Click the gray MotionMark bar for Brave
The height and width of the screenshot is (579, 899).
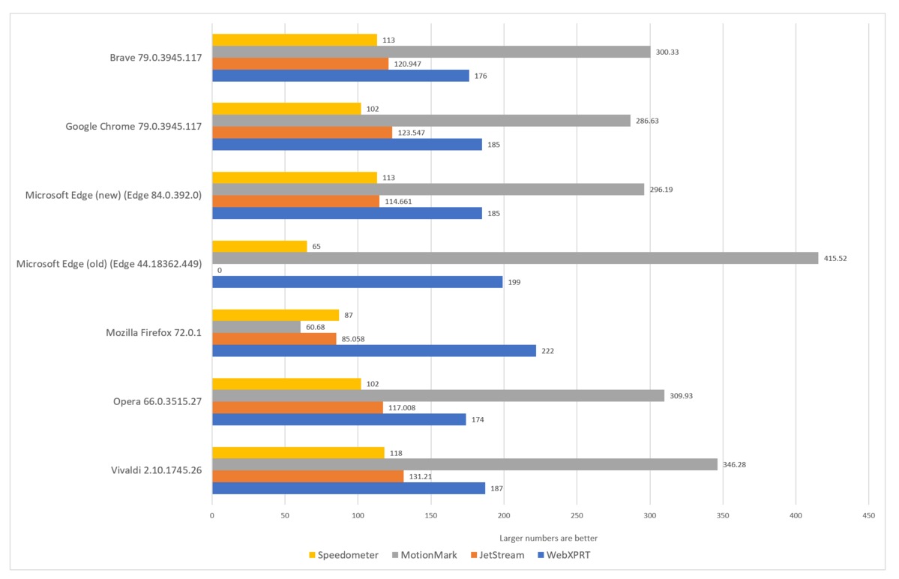[431, 52]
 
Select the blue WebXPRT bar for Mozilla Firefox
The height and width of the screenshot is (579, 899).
[374, 350]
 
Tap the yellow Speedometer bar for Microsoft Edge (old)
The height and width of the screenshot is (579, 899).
[259, 246]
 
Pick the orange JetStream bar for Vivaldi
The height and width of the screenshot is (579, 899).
[307, 476]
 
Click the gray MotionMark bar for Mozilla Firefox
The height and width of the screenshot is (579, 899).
[256, 327]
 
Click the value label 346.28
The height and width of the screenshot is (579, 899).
[734, 465]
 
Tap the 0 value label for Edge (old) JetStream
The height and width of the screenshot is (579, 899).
[219, 270]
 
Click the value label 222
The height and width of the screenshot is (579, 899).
[548, 351]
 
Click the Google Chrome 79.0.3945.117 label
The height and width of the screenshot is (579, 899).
[134, 127]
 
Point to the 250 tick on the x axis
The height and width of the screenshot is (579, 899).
[577, 516]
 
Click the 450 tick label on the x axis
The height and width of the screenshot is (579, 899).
[868, 516]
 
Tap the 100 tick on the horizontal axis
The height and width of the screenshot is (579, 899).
[358, 516]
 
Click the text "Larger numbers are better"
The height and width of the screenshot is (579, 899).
[548, 538]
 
